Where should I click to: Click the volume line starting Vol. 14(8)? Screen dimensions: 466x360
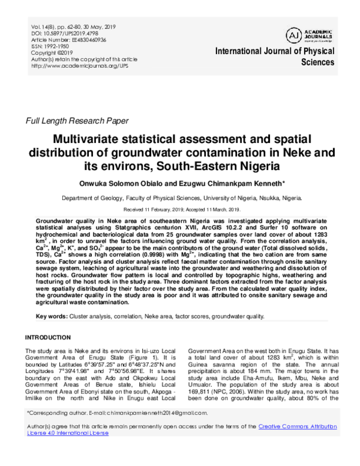(73, 28)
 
